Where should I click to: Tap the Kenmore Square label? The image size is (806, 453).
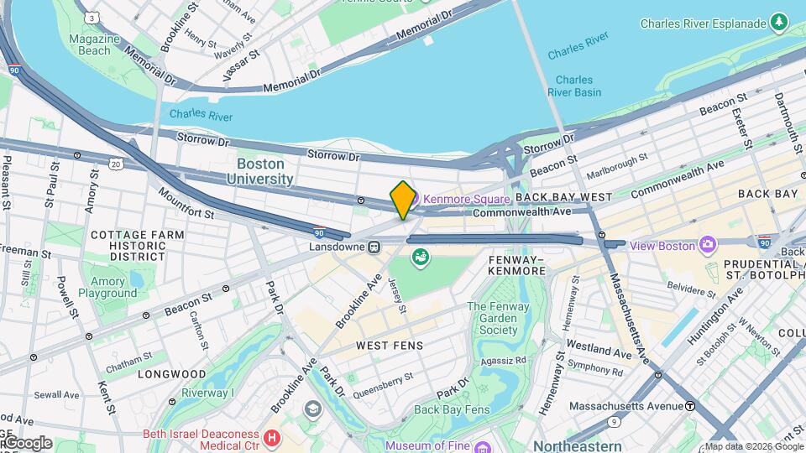point(466,199)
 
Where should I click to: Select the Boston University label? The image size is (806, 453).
point(264,171)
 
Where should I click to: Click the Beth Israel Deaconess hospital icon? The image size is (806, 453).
point(271,437)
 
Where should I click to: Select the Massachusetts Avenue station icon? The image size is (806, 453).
point(689,406)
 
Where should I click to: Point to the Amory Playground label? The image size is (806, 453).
point(107,288)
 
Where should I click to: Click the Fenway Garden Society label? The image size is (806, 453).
point(498,318)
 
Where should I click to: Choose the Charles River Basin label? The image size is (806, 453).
point(575,86)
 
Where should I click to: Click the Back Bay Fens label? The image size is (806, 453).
point(451,409)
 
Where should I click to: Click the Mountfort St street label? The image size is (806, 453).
point(187,204)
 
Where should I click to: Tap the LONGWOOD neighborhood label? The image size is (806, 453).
point(171,373)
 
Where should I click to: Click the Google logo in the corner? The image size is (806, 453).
point(27,443)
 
